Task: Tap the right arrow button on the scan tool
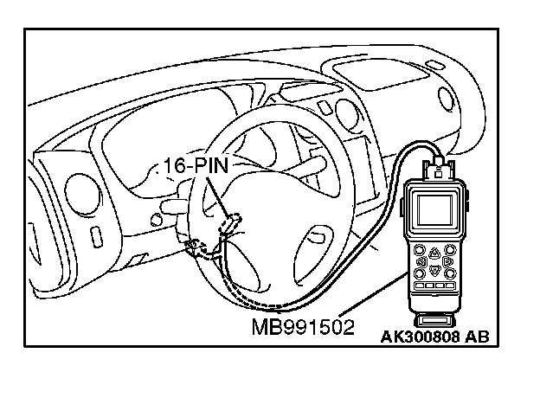pyautogui.click(x=449, y=260)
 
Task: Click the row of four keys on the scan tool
pyautogui.click(x=434, y=285)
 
